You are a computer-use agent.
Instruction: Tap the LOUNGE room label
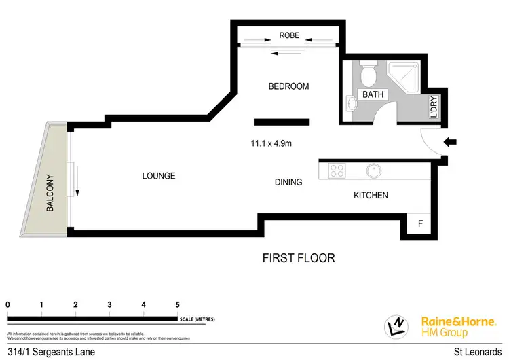[159, 176]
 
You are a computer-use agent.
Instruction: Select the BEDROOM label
[288, 86]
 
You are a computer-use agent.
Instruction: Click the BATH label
[373, 95]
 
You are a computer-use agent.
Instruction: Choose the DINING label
[288, 183]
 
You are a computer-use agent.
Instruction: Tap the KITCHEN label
[371, 196]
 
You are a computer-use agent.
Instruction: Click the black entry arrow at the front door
[450, 142]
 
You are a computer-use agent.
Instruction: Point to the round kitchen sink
[372, 170]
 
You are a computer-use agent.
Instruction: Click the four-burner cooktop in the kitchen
[337, 170]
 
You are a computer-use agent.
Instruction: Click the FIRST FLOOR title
[299, 258]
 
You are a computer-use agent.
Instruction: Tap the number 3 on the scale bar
[109, 305]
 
